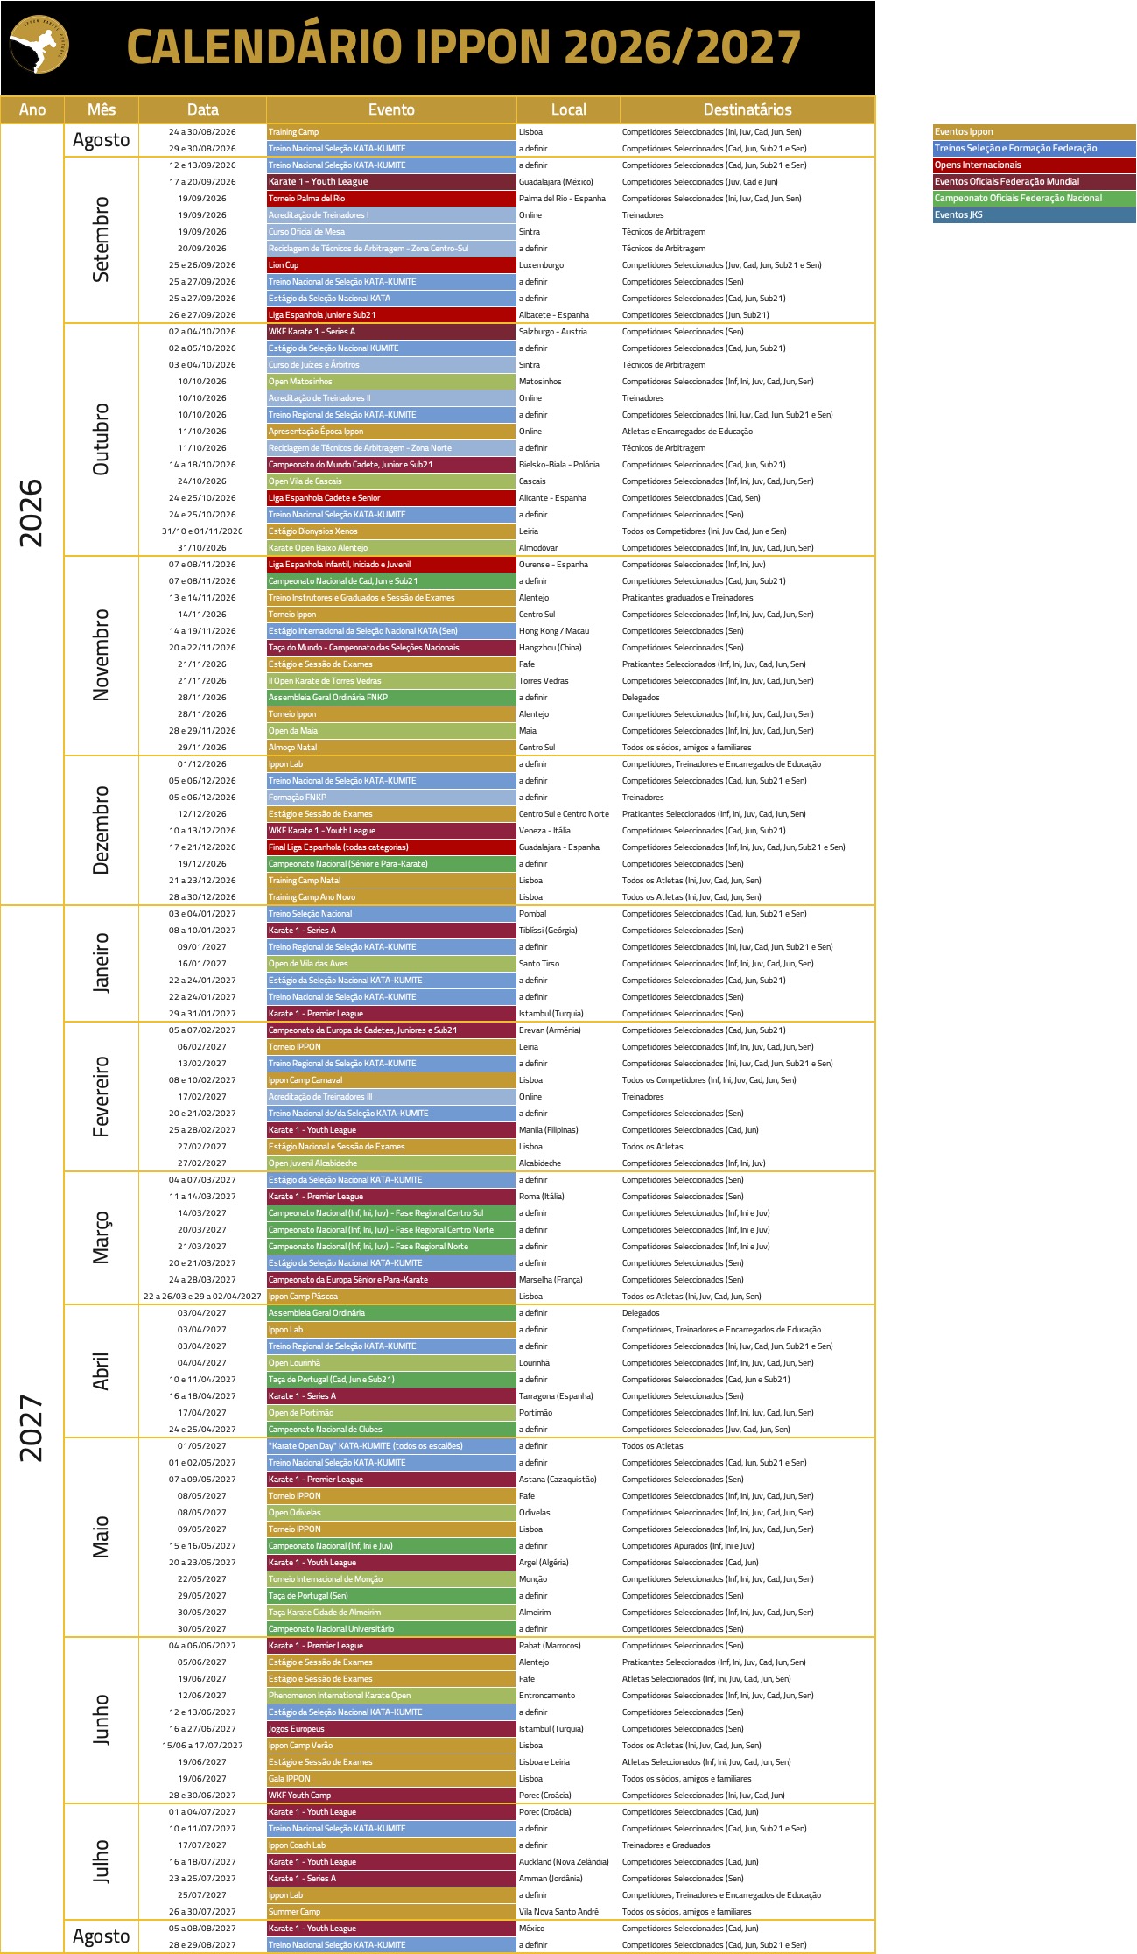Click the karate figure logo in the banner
39,45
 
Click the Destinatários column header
747,109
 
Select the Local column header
568,109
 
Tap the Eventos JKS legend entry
1034,215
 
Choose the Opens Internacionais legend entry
1034,165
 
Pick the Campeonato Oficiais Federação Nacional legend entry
1034,199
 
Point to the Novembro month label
102,655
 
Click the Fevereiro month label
102,1096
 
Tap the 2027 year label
32,1428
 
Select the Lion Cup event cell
391,265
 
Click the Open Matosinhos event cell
391,382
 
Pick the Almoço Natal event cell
391,748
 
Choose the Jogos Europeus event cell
391,1729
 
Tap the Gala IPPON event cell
391,1779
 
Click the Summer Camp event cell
391,1912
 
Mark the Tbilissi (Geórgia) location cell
548,931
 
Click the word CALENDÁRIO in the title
263,46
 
